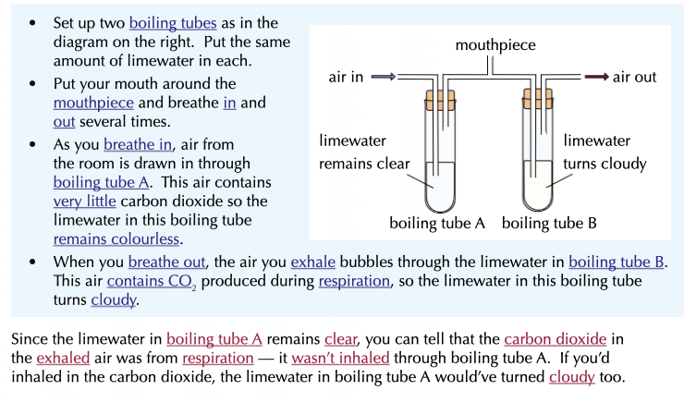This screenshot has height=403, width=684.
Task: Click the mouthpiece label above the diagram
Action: tap(495, 44)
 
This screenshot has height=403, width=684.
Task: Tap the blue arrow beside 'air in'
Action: tap(385, 77)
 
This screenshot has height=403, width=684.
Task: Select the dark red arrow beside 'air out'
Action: tap(596, 77)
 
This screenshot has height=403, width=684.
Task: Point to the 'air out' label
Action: tap(635, 78)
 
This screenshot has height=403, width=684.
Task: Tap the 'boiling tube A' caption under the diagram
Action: tap(437, 223)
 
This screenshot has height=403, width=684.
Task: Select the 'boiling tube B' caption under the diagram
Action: tap(549, 223)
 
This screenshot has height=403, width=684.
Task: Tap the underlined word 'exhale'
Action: tap(314, 261)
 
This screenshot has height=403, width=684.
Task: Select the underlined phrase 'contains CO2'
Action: tap(142, 281)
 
